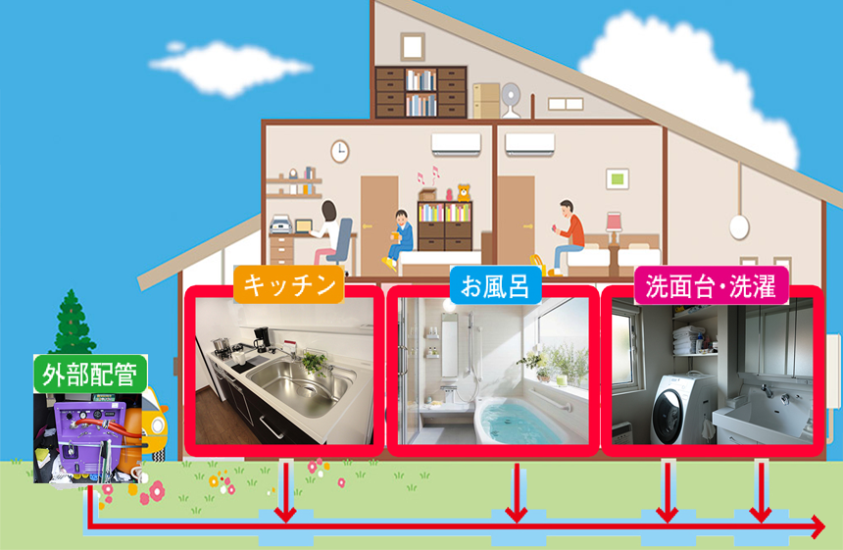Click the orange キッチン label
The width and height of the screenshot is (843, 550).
click(x=287, y=284)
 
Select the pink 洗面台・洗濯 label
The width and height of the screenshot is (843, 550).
click(x=712, y=284)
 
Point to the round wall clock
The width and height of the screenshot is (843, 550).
click(x=339, y=151)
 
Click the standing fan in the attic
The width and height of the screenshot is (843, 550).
click(x=512, y=99)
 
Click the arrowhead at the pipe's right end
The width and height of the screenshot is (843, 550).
click(x=816, y=529)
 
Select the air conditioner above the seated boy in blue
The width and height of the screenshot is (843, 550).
click(x=457, y=144)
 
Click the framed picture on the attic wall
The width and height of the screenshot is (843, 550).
click(x=413, y=45)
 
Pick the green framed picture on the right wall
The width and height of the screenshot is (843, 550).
click(x=618, y=179)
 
